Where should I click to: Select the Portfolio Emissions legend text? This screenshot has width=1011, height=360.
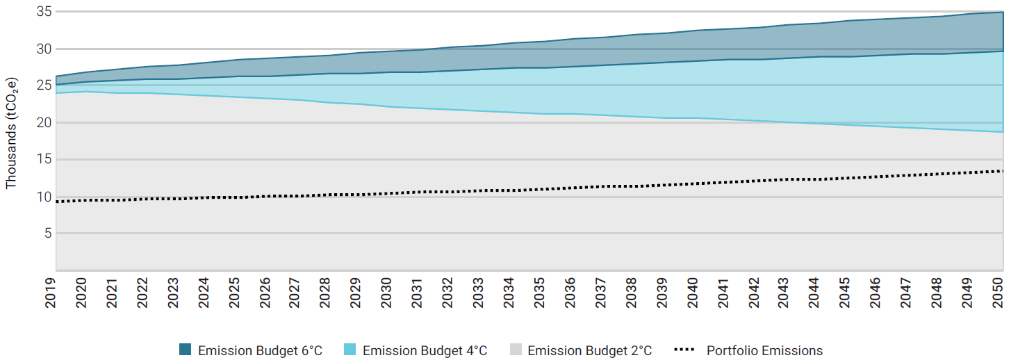point(764,350)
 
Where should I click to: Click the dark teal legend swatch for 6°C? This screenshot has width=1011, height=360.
point(185,350)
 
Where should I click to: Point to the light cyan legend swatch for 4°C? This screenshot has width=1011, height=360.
point(350,350)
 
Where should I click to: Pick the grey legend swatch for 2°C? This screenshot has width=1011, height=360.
point(515,350)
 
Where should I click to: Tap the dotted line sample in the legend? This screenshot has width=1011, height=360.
point(684,350)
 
